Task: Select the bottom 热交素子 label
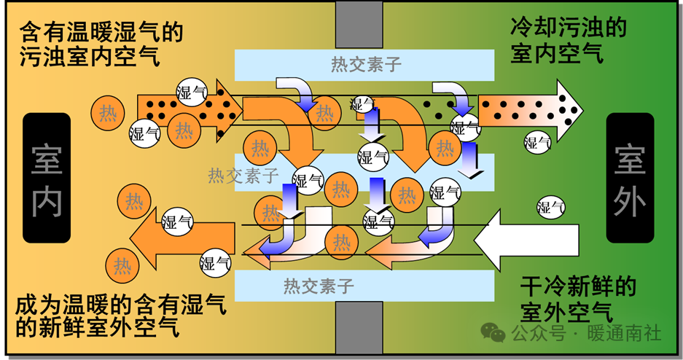coord(319,285)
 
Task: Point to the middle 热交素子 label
coord(243,175)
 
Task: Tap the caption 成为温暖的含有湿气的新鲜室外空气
coord(120,316)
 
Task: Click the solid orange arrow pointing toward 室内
coord(182,240)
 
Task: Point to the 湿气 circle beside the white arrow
coord(551,208)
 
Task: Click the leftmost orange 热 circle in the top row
coord(108,114)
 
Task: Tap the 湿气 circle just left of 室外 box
coord(539,142)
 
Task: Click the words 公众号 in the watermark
coord(538,333)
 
